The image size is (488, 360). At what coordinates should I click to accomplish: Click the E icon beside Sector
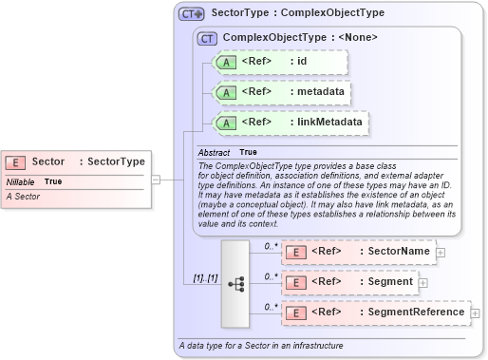point(17,162)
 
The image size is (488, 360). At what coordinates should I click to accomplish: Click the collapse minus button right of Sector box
point(155,178)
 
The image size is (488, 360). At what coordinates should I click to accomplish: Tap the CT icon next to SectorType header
point(192,14)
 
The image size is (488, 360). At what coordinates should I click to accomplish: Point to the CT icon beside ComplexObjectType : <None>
point(206,38)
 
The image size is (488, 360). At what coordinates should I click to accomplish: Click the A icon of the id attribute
point(225,62)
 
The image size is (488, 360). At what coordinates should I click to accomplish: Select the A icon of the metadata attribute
point(225,92)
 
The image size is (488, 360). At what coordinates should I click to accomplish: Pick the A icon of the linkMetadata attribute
point(225,123)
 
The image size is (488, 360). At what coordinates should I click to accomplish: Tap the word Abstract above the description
point(214,152)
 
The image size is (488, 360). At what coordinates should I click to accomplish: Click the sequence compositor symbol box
point(235,282)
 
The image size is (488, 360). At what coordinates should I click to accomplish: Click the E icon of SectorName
point(295,252)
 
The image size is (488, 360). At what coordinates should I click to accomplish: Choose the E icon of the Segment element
point(295,282)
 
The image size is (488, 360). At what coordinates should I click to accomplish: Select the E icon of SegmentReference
point(295,313)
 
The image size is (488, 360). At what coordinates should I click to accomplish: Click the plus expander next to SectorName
point(440,252)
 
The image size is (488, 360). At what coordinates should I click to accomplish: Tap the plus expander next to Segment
point(422,282)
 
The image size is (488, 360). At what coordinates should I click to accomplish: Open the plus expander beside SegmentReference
point(475,313)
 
